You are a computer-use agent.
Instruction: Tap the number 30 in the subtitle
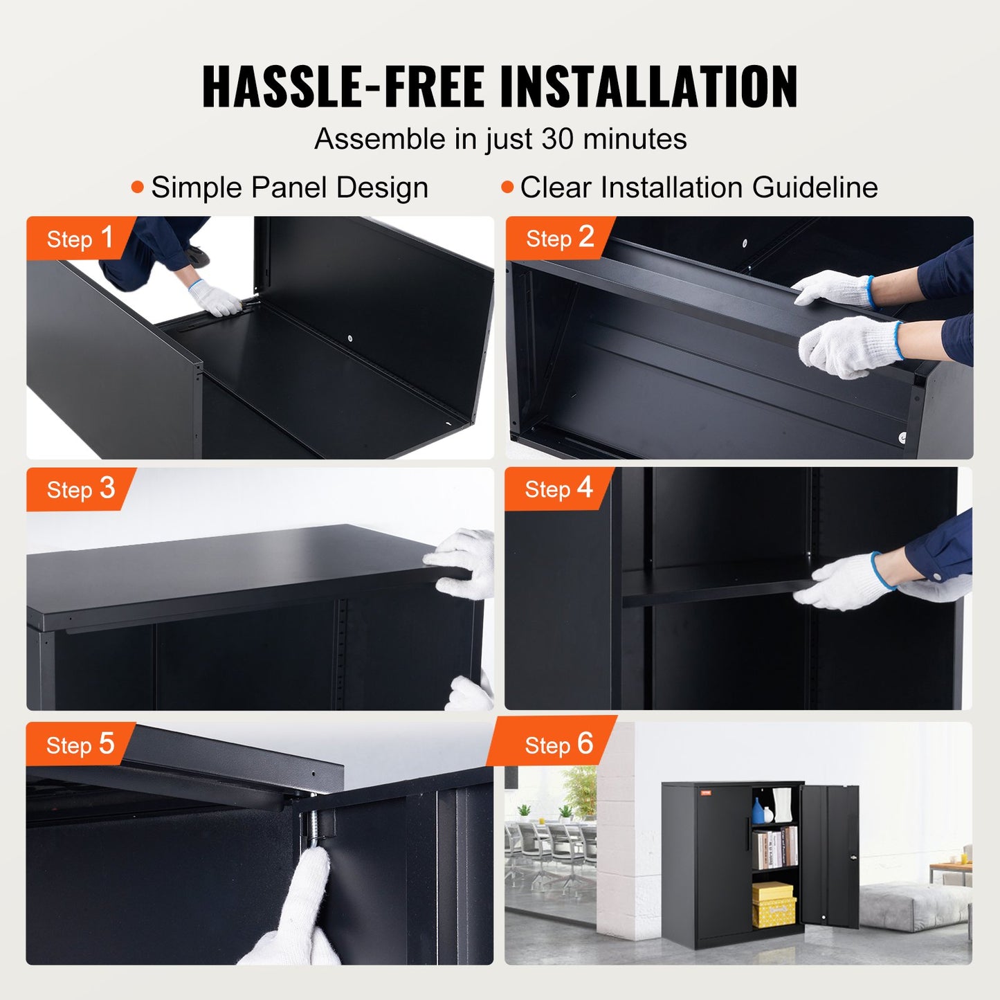pyautogui.click(x=556, y=139)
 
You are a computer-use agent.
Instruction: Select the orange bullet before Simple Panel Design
pyautogui.click(x=138, y=187)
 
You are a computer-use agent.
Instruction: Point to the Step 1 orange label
pyautogui.click(x=79, y=238)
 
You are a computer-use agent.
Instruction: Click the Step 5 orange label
pyautogui.click(x=79, y=745)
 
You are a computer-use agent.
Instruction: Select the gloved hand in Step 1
pyautogui.click(x=215, y=299)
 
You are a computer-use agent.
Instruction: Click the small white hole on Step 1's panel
pyautogui.click(x=350, y=338)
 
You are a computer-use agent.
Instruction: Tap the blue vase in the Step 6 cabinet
pyautogui.click(x=758, y=810)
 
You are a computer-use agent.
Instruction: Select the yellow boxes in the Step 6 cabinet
pyautogui.click(x=773, y=904)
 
